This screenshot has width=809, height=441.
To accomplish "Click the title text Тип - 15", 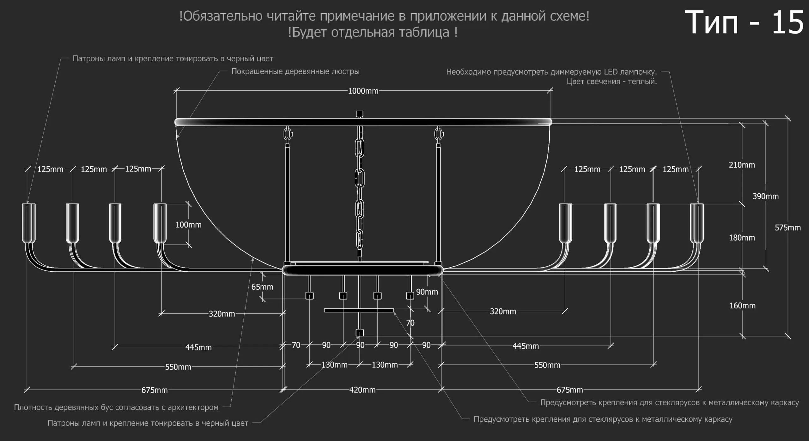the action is [744, 22].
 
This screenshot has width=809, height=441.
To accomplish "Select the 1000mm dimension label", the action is [363, 91].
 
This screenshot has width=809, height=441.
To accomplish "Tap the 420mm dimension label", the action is [362, 390].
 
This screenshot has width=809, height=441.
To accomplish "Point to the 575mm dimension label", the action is [788, 227].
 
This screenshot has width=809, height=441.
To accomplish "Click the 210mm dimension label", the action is [742, 165].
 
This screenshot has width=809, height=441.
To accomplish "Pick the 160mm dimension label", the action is [742, 305].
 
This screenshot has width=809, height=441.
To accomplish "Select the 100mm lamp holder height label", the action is [188, 225].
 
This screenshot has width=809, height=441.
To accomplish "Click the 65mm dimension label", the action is [262, 287].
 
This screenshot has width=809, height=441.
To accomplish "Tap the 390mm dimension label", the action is [765, 196].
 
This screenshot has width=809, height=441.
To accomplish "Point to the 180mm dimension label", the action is [742, 238].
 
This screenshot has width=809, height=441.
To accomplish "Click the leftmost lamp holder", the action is [28, 223].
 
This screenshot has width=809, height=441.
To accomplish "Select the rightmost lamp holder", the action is [697, 223].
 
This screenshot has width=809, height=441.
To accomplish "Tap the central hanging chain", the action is [360, 190].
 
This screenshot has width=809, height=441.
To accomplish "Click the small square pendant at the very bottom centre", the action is [360, 333].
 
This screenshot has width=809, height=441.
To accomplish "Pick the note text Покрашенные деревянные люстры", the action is [295, 71].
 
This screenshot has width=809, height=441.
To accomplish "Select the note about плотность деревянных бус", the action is [116, 407].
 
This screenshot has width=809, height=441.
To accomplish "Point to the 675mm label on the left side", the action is [155, 390].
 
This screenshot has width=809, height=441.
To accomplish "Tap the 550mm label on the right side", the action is [547, 365].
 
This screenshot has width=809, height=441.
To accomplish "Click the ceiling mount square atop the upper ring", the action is [360, 114].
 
